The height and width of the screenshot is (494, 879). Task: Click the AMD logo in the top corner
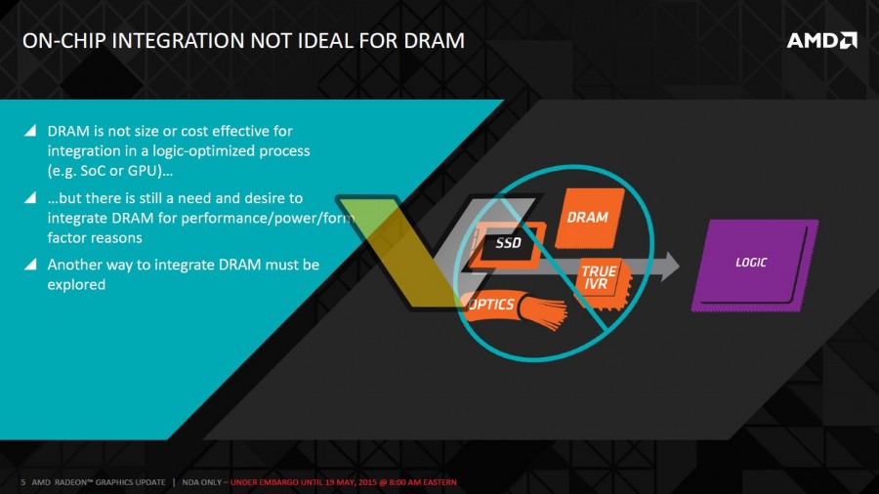tap(821, 40)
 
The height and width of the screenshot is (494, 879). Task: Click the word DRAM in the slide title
tap(435, 41)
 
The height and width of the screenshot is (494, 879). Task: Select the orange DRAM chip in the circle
tap(589, 218)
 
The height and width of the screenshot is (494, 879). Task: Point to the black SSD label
tap(508, 243)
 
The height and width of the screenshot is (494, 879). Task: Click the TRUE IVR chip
tap(601, 283)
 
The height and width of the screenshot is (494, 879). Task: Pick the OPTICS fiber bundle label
tap(492, 305)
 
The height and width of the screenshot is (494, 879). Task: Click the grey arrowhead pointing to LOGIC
tap(668, 267)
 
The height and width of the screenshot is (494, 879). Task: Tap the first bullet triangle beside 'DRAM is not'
tap(30, 131)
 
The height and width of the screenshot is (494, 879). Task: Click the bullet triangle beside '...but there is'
tap(30, 198)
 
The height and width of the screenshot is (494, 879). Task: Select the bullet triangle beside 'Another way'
tap(30, 265)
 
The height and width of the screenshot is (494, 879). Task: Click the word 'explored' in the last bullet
tap(76, 284)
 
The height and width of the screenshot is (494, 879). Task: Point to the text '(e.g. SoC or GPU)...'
tap(109, 171)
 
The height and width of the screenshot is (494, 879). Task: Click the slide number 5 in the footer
tap(23, 482)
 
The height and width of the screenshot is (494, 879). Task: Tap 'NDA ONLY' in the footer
tap(202, 482)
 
